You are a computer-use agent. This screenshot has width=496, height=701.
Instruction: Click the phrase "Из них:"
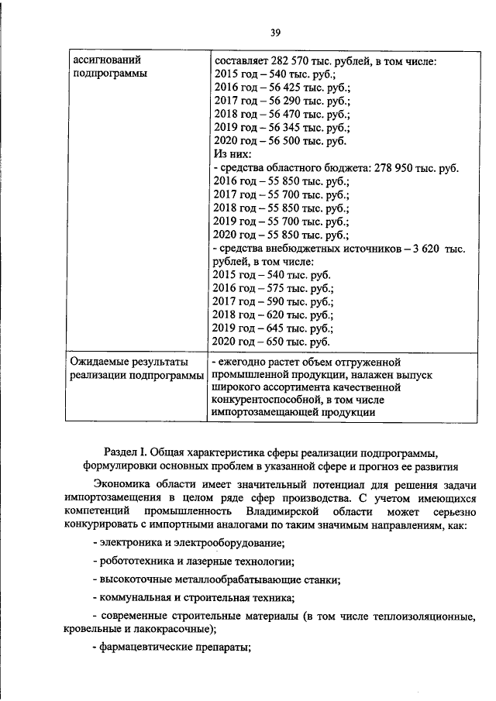pos(231,156)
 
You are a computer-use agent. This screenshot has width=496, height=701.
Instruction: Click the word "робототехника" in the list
pos(136,561)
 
